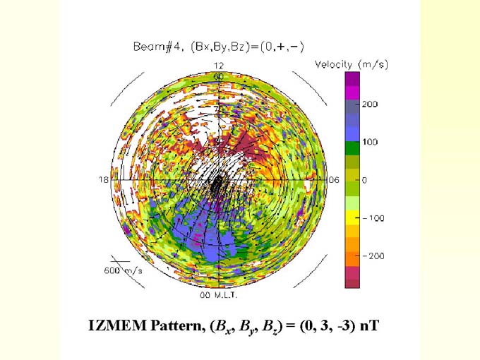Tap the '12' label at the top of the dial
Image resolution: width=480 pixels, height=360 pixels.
pyautogui.click(x=219, y=65)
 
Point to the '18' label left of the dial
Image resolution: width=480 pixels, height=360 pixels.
pyautogui.click(x=103, y=180)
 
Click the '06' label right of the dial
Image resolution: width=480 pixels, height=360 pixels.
pyautogui.click(x=334, y=180)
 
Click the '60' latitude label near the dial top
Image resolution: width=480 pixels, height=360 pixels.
pyautogui.click(x=220, y=75)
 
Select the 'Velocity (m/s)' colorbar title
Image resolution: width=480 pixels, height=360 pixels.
pyautogui.click(x=351, y=64)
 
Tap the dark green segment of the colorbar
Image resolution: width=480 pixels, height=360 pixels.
pyautogui.click(x=352, y=148)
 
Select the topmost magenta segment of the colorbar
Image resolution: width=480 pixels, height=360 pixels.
pyautogui.click(x=352, y=79)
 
